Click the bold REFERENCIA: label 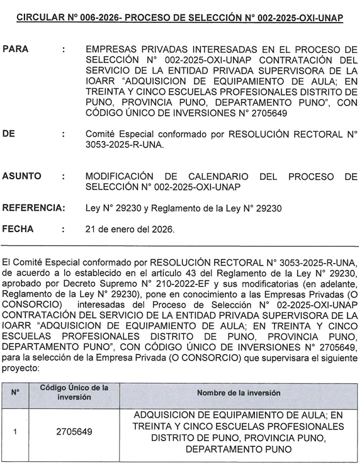(x=33, y=208)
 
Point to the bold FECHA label (x=18, y=230)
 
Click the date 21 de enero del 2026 (x=130, y=230)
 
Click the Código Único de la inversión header (x=74, y=392)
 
